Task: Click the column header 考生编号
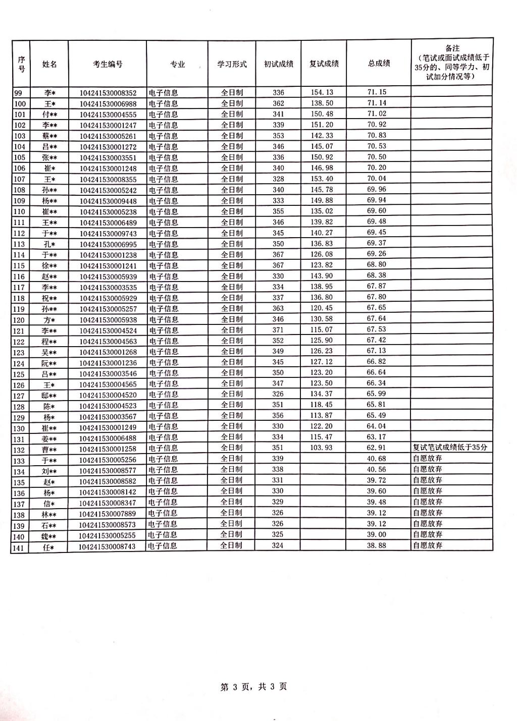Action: point(108,64)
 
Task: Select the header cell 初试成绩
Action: point(278,64)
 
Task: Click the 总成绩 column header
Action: point(379,64)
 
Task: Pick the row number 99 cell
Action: point(19,93)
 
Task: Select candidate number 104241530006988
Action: point(108,103)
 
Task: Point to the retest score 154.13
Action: point(322,92)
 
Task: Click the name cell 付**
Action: point(49,115)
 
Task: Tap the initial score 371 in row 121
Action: point(278,329)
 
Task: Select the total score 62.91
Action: point(376,448)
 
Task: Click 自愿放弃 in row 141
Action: point(428,545)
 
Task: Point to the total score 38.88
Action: point(376,545)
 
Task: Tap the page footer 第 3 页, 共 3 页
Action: point(254,686)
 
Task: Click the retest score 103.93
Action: point(322,448)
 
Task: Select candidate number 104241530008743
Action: point(108,546)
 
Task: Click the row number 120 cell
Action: point(19,320)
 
